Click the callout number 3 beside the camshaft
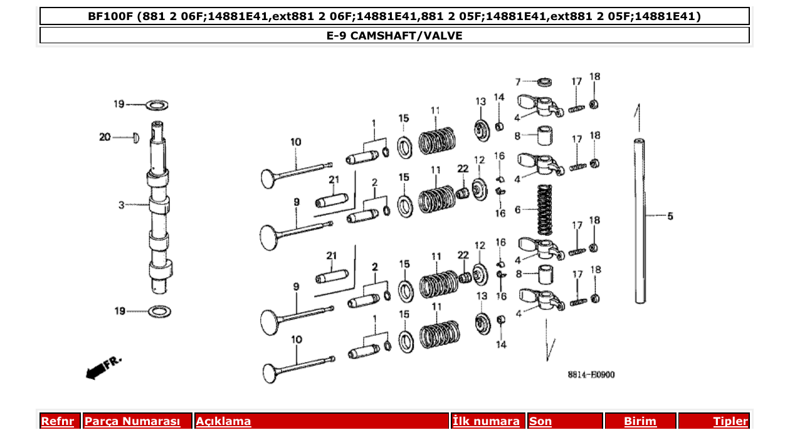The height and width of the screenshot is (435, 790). tap(122, 204)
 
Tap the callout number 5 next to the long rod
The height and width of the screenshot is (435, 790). tap(670, 216)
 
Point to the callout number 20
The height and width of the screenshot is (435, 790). tap(104, 137)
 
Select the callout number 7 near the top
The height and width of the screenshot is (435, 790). tap(518, 82)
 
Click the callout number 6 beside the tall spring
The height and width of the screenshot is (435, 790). tap(517, 210)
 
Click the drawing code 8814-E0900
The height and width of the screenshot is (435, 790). tap(591, 375)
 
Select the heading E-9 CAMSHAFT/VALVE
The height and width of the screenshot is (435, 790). tap(394, 36)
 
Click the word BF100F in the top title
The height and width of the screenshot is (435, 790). tap(109, 16)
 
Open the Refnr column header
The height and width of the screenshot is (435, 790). tap(57, 421)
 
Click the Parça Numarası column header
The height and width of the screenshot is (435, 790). tap(132, 421)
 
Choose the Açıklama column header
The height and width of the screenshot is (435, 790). tap(224, 421)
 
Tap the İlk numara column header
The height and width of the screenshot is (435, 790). tap(486, 421)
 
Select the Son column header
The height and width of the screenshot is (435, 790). tap(540, 421)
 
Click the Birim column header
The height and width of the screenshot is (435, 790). tap(640, 421)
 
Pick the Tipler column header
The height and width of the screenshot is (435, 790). tap(730, 421)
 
